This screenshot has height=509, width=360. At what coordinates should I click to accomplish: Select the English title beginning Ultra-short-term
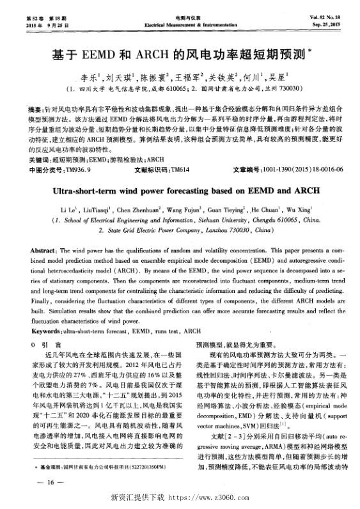coord(180,190)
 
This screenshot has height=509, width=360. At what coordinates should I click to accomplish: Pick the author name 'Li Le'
coord(68,209)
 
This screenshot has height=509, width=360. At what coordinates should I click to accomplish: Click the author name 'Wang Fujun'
coord(184,209)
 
